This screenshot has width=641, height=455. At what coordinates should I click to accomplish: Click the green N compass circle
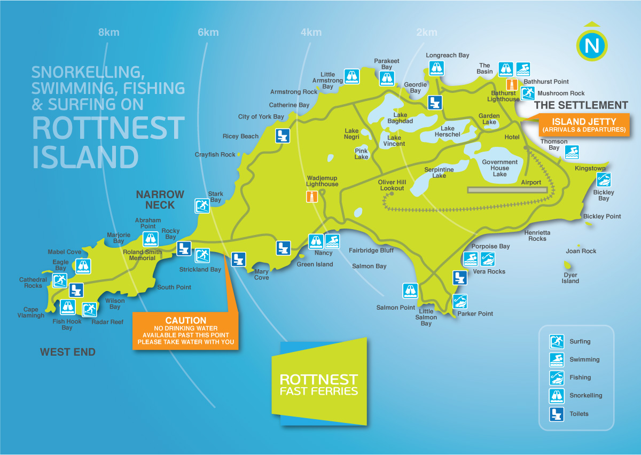(592, 45)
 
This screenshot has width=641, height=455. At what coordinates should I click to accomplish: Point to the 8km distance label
(108, 33)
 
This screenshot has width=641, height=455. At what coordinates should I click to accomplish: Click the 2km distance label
(426, 33)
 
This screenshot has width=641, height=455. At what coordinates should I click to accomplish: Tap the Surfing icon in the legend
(557, 341)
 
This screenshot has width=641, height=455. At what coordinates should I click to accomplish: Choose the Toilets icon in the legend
(557, 414)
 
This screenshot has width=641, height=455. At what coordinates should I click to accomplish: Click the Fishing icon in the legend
(557, 378)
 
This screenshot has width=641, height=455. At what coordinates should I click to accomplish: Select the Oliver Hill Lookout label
(392, 185)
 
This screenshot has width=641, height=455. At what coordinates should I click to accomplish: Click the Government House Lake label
(499, 168)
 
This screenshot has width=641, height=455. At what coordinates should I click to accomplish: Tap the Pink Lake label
(362, 154)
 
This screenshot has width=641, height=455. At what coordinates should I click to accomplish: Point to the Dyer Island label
(570, 278)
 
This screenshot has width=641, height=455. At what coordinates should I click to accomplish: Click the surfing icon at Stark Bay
(202, 206)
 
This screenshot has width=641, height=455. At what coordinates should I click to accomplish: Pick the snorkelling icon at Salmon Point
(410, 291)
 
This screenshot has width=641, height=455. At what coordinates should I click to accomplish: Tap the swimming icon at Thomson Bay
(572, 152)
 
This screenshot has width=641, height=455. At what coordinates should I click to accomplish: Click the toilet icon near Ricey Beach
(283, 136)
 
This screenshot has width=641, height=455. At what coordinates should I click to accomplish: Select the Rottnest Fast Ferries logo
(319, 383)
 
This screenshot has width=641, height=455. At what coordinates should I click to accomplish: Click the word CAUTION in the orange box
(185, 320)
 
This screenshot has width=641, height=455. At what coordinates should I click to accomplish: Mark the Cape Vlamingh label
(30, 312)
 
